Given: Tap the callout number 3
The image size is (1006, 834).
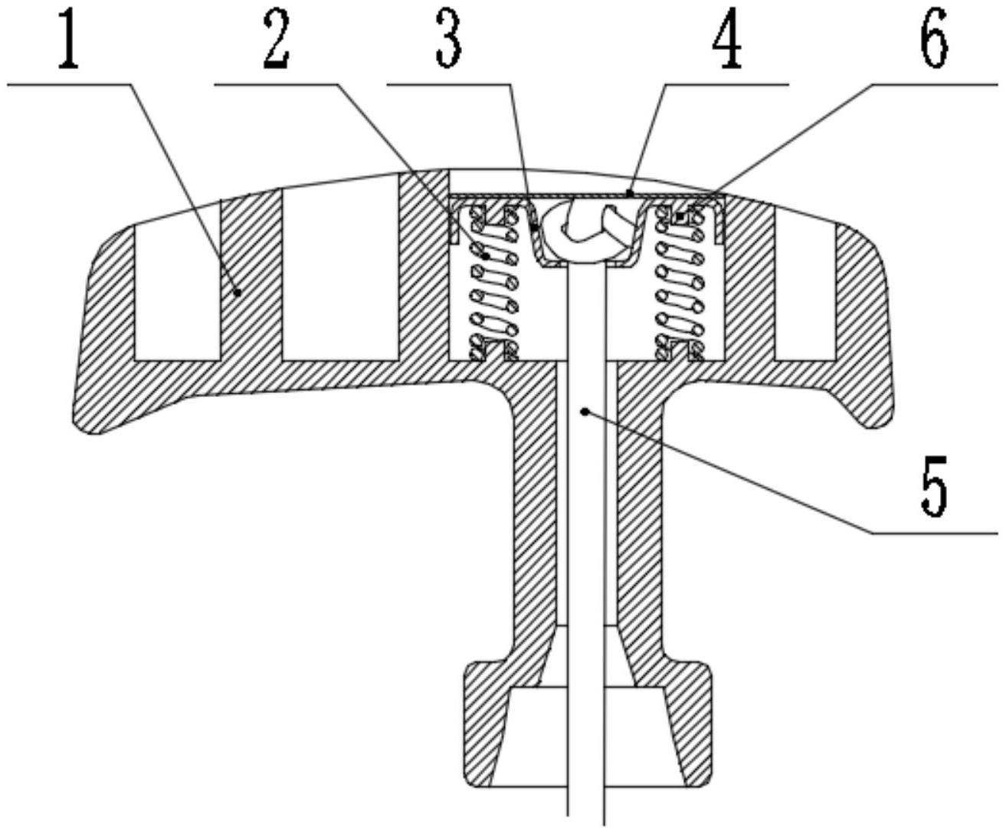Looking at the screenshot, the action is point(449,41).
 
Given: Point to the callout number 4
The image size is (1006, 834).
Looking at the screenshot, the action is point(726,41).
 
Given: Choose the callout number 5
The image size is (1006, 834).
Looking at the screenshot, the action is point(934,485).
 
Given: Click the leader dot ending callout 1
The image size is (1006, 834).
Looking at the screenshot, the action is point(238,291).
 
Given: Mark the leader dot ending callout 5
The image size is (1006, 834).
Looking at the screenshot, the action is point(585,412).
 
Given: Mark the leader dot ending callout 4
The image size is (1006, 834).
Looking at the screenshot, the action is point(630,193).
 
